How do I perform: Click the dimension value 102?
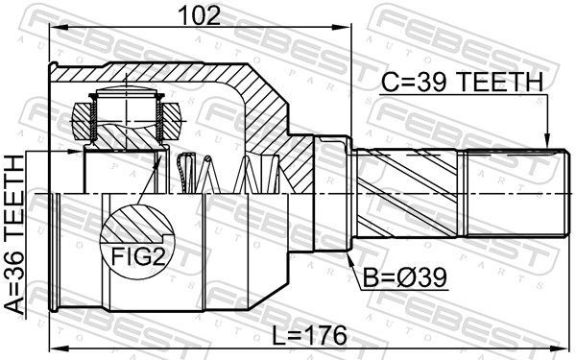[x=199, y=15]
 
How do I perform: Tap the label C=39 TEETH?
[x=462, y=82]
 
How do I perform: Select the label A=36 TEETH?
[x=14, y=235]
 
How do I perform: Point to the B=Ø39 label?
[x=405, y=277]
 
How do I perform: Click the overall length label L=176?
[x=309, y=335]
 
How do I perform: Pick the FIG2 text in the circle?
[x=137, y=256]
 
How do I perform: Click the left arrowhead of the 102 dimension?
[x=55, y=27]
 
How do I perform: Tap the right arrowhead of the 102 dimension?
[x=346, y=27]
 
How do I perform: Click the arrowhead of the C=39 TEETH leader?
[x=547, y=142]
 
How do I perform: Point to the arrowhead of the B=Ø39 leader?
[x=349, y=257]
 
